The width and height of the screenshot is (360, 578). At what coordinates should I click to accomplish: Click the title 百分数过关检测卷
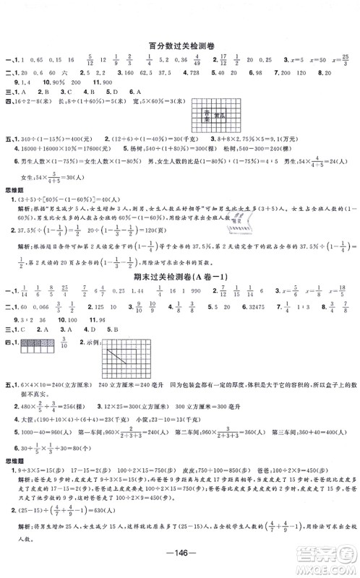(x=180, y=44)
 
